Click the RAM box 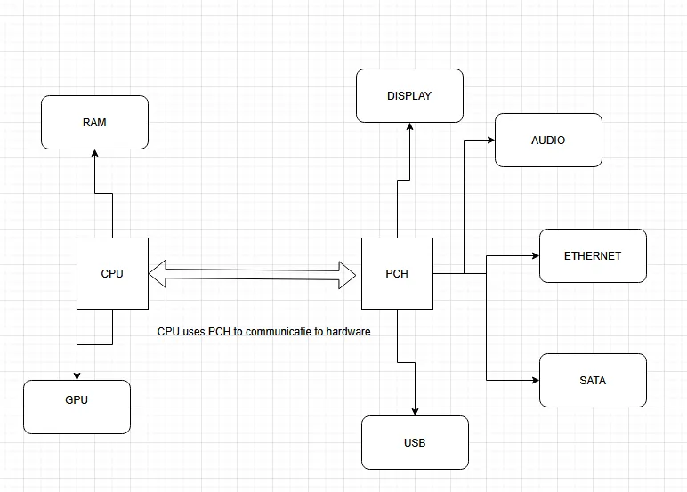(94, 123)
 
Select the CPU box (112, 274)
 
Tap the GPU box (77, 407)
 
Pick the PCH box (397, 274)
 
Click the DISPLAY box (409, 96)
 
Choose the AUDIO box (548, 141)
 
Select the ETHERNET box (593, 256)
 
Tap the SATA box (593, 381)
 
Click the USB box (415, 442)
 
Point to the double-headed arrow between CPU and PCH (255, 273)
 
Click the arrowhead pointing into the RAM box (94, 154)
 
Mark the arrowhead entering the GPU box (77, 375)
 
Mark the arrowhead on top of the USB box (415, 411)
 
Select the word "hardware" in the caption (348, 332)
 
